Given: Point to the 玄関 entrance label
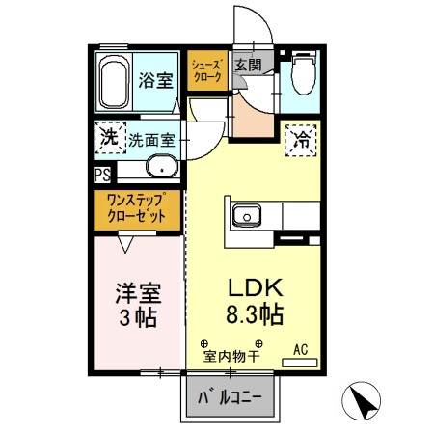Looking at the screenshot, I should point(248,66).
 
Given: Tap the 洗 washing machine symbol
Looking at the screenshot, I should point(109,138).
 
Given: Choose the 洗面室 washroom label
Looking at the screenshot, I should point(151,139).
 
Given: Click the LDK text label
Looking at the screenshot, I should point(253,287).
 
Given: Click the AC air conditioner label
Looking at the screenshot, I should point(300,349).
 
